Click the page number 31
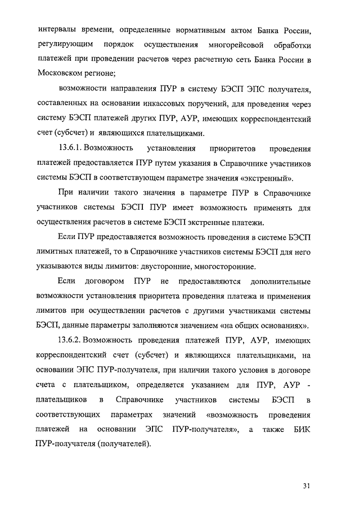click(306, 486)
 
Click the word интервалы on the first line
click(58, 29)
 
